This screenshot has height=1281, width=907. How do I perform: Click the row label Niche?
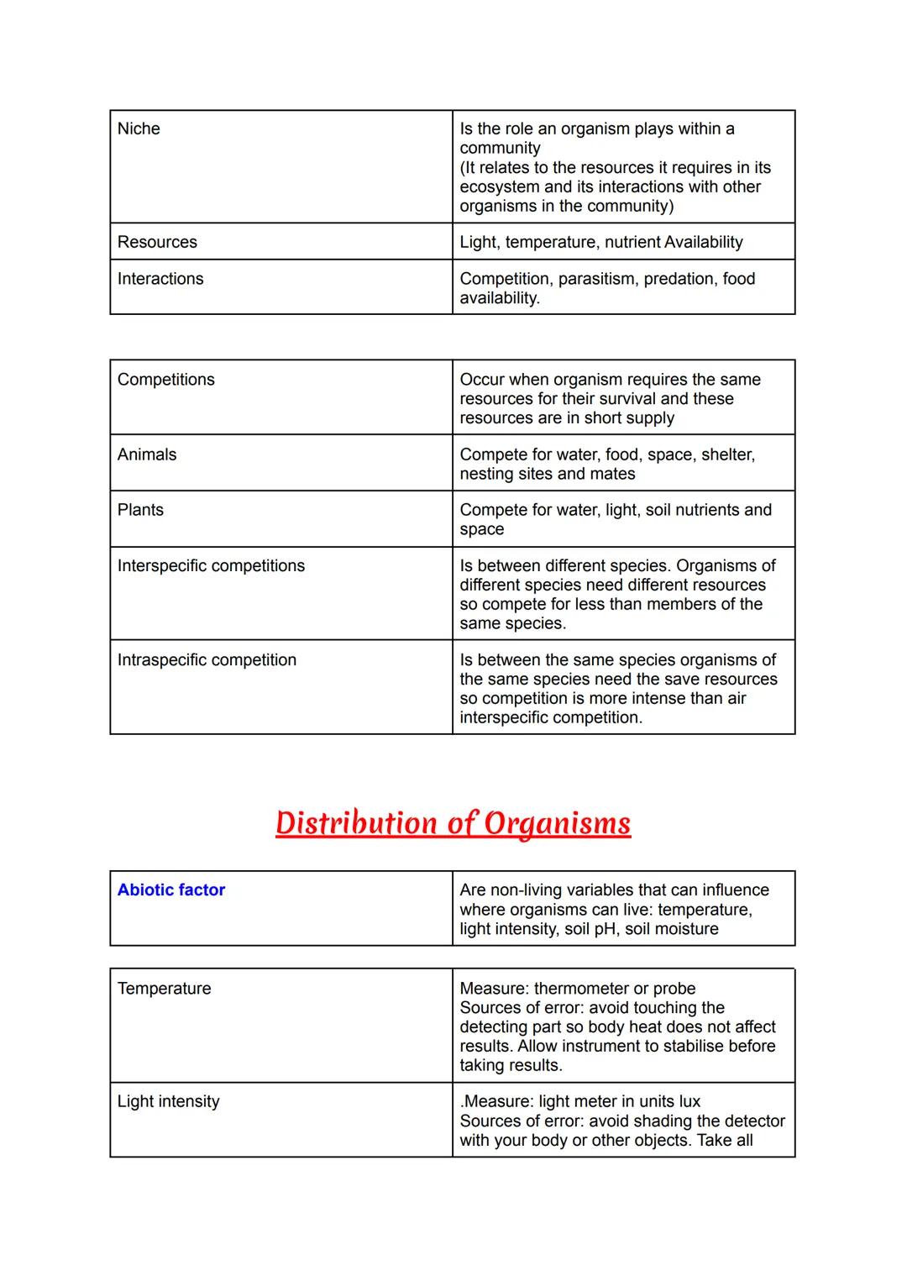(x=139, y=129)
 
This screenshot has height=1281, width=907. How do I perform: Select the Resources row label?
(x=157, y=242)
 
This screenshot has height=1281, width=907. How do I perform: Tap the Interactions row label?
(x=160, y=279)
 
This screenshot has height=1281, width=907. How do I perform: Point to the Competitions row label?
(x=166, y=380)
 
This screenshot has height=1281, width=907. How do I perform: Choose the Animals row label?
(x=147, y=454)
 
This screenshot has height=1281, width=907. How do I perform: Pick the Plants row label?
(x=140, y=510)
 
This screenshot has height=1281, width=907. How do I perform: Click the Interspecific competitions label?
(x=211, y=566)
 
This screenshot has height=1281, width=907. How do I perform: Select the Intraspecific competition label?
(x=207, y=660)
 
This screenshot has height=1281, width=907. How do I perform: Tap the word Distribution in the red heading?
(x=356, y=823)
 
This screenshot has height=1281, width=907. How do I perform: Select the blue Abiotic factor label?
(x=171, y=890)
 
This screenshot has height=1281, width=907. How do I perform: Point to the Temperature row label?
(x=164, y=989)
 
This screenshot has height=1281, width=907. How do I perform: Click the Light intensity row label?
(x=168, y=1101)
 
